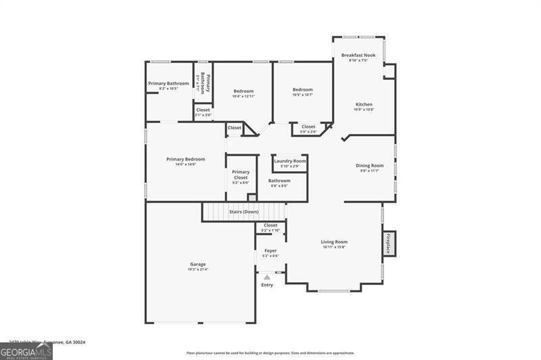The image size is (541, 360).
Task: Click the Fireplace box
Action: tap(389, 244)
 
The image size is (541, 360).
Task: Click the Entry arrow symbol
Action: tap(267, 277)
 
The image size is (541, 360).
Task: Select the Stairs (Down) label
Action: tap(243, 212)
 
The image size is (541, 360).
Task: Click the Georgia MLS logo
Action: tap(26, 351)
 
